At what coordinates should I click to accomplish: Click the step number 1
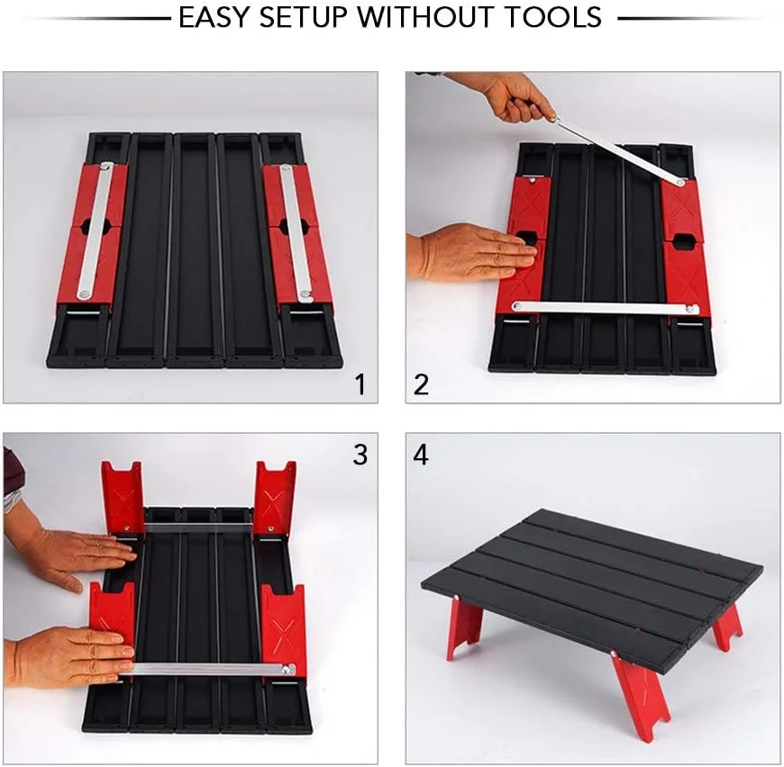tap(360, 384)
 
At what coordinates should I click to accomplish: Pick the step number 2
tap(421, 384)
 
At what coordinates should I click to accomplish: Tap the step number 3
tap(360, 455)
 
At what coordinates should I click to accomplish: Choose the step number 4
tap(421, 455)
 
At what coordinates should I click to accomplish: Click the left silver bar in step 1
tap(95, 231)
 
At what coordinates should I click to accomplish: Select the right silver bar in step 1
tap(296, 233)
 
